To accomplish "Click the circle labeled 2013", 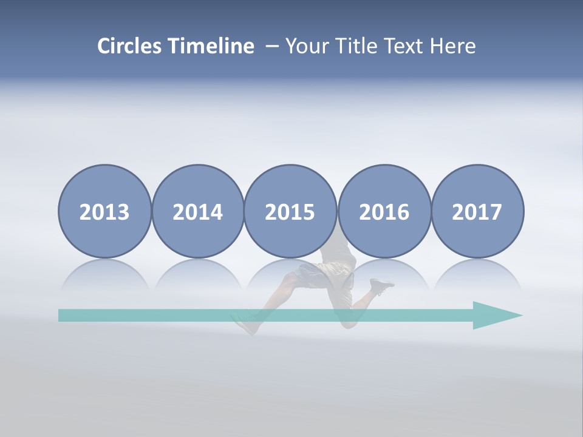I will (104, 212).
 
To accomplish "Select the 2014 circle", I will (198, 212).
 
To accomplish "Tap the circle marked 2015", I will (290, 212).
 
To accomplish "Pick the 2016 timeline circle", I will (384, 212).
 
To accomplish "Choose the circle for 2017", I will (477, 212).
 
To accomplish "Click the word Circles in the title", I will (130, 46).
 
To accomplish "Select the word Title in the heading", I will (356, 46).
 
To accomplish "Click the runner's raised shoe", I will (381, 285).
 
